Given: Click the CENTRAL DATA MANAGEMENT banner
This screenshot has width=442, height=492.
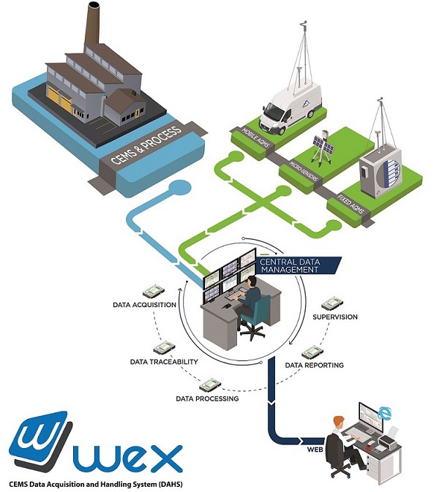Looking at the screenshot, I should (291, 265).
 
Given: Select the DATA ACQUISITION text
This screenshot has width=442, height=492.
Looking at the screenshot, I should (145, 303).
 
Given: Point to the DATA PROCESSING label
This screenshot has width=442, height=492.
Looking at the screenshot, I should (207, 399).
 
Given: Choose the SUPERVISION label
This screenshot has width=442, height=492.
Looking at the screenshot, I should (335, 317).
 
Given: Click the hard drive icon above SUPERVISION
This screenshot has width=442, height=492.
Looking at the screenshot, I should (334, 301).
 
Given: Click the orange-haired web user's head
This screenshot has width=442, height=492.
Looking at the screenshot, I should (337, 423).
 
